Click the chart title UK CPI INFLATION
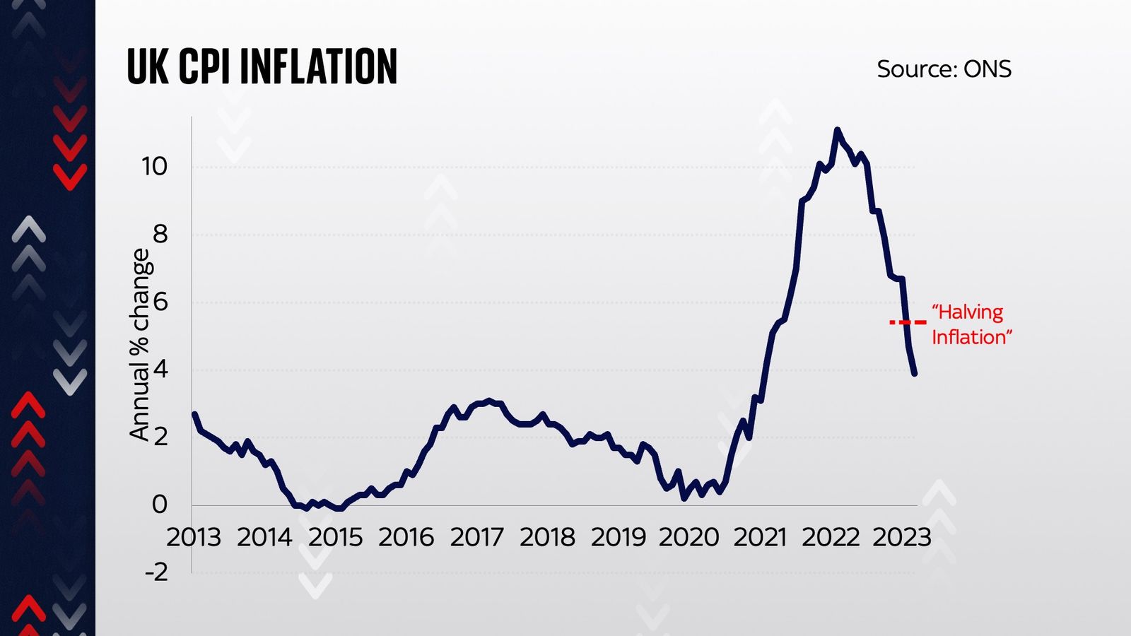[262, 67]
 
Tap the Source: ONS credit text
[944, 69]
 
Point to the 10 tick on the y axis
[154, 167]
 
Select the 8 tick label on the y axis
[160, 234]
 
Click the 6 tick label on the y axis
[160, 302]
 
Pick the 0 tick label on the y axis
[160, 504]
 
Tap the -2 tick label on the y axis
[156, 571]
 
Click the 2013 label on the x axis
[193, 538]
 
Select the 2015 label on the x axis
[335, 538]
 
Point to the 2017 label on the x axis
[476, 538]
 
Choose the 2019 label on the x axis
[619, 538]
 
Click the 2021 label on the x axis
[760, 538]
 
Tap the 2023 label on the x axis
[902, 538]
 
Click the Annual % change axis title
[140, 345]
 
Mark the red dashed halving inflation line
[908, 322]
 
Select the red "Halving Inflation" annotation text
[971, 324]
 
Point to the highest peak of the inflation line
[837, 130]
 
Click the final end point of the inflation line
[915, 373]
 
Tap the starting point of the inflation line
[194, 414]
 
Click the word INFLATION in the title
[318, 67]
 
